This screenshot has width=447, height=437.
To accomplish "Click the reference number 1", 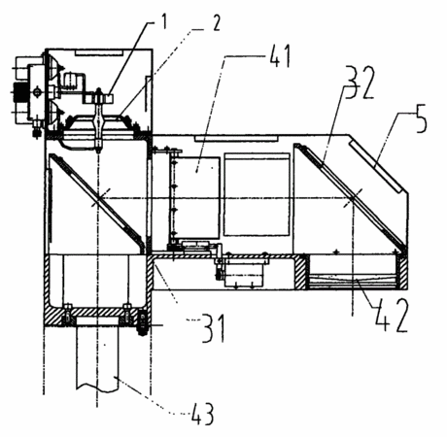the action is (164, 21).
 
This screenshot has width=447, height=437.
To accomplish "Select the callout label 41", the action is (280, 56).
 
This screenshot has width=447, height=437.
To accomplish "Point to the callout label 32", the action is (360, 83).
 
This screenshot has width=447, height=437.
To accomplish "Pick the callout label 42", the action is (391, 316).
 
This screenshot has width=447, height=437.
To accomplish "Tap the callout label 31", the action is (213, 328).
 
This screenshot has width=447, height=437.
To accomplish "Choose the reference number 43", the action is (202, 414).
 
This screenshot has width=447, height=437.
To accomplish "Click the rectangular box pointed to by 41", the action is (195, 197).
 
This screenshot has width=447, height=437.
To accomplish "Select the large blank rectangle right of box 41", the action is (257, 194).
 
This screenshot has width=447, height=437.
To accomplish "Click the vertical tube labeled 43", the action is (97, 353).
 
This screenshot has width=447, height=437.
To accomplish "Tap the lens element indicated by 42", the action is (354, 281).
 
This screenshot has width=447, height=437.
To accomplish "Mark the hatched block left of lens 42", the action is (301, 272).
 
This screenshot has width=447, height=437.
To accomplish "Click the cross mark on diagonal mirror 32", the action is (353, 196).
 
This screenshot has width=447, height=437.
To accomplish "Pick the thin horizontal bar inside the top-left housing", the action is (98, 52).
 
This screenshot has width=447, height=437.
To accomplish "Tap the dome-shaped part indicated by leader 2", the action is (99, 122).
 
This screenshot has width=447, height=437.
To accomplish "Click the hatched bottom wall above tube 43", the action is (96, 317).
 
